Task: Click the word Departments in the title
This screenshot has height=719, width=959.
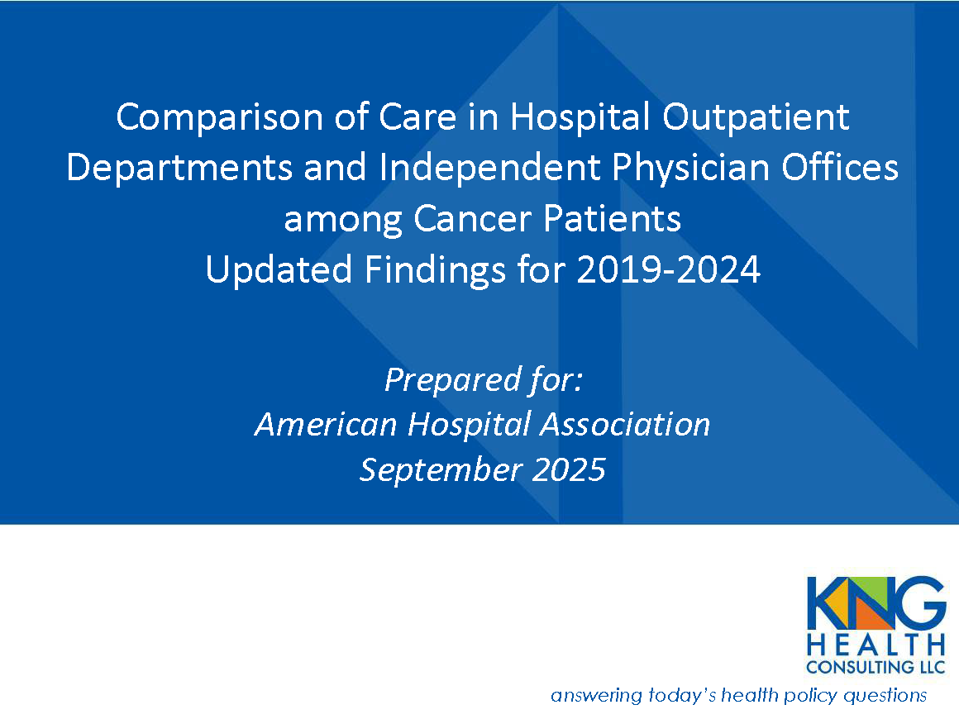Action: click(x=178, y=168)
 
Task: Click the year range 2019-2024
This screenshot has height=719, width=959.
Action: click(x=668, y=270)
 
